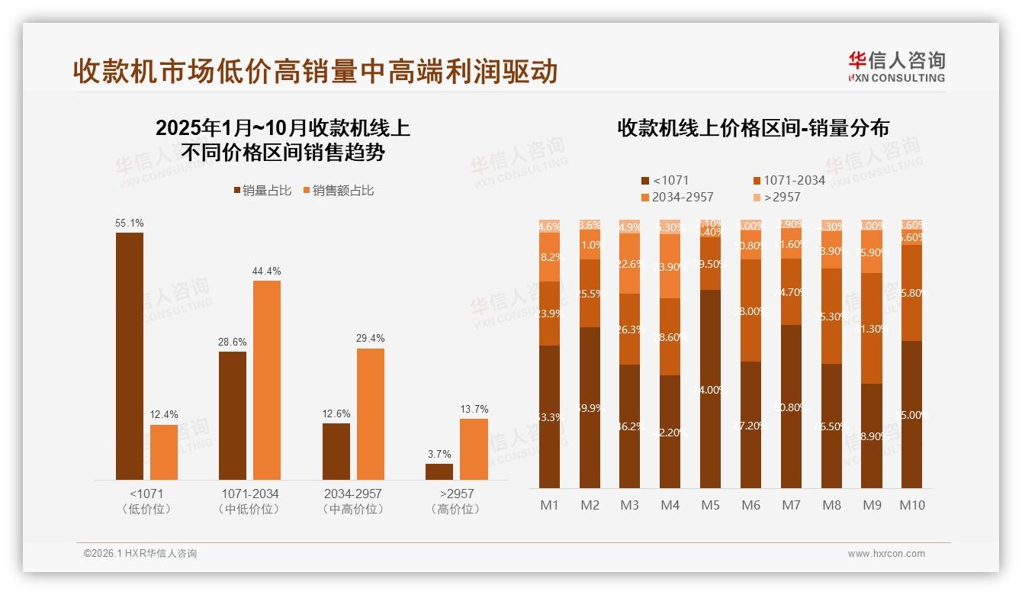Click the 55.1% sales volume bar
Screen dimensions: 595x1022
[x=130, y=355]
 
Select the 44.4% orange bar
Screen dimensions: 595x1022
[x=267, y=380]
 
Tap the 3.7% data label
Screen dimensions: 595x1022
[x=439, y=454]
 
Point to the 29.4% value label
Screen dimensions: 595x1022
[x=371, y=338]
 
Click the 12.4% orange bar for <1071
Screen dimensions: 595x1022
[x=164, y=452]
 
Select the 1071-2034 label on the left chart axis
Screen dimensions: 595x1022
[x=249, y=494]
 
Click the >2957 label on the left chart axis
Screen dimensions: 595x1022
[x=455, y=494]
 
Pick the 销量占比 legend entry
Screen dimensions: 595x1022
[x=262, y=191]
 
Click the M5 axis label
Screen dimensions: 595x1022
[x=710, y=505]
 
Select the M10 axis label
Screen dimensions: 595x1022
[x=911, y=505]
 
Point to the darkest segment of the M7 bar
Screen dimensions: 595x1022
[x=791, y=407]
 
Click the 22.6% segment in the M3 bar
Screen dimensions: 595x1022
[x=629, y=263]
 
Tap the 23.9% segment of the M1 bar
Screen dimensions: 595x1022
[x=549, y=314]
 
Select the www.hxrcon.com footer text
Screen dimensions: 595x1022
[x=885, y=554]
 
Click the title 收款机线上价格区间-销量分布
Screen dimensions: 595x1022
[x=753, y=128]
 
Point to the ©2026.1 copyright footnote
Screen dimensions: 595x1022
[x=140, y=554]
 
